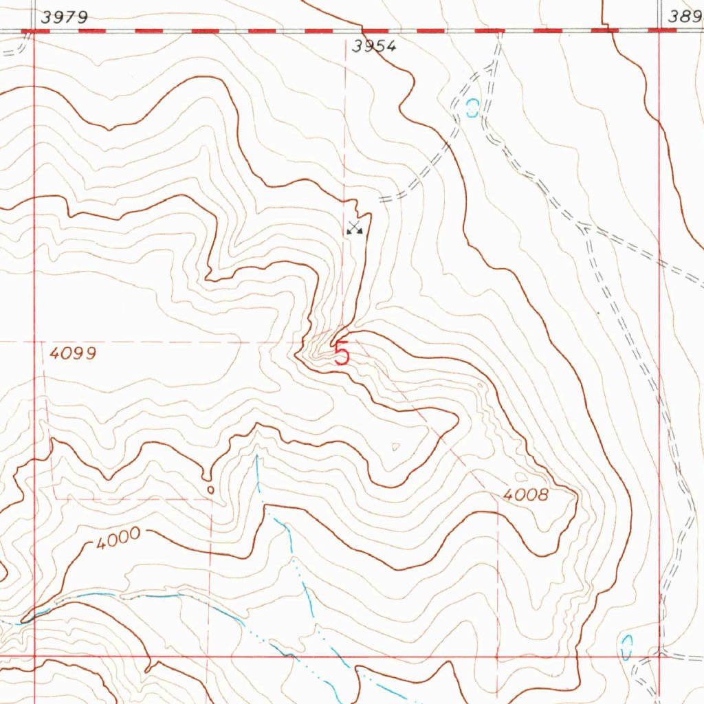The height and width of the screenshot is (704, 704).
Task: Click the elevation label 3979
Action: (64, 18)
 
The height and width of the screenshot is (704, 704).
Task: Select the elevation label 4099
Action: (73, 354)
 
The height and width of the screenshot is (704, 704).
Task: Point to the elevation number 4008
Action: (525, 494)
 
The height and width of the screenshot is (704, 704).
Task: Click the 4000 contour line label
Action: (118, 538)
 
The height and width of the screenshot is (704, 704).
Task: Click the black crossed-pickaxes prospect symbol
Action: (354, 228)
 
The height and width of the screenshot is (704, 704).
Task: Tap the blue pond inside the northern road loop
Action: (472, 108)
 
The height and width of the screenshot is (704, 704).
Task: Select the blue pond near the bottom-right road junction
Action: (626, 647)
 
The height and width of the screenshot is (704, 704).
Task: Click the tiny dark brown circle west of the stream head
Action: (210, 489)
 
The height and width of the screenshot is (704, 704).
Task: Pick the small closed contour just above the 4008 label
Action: (520, 476)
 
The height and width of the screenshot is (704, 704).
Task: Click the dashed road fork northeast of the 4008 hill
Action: (584, 226)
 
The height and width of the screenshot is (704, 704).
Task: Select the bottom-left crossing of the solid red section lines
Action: (34, 655)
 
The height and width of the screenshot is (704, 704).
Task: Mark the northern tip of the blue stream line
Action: (256, 455)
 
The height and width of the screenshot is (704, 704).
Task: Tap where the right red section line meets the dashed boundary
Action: (659, 31)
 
